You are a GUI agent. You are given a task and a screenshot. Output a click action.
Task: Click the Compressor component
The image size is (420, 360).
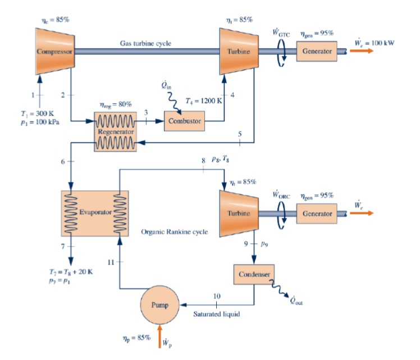54,51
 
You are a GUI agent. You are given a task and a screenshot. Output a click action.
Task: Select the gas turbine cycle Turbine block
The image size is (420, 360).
239,51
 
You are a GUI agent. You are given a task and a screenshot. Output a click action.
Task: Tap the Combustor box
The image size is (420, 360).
184,121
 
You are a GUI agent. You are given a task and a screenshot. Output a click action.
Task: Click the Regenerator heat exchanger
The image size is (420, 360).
115,131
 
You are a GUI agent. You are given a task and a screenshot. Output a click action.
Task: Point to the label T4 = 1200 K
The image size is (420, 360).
203,102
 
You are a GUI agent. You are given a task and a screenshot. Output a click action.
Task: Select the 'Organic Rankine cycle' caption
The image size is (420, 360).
174,231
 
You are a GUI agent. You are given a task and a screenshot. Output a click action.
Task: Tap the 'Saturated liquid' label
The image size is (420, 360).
216,315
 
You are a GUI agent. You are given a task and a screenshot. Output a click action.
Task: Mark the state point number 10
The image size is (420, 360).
217,295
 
